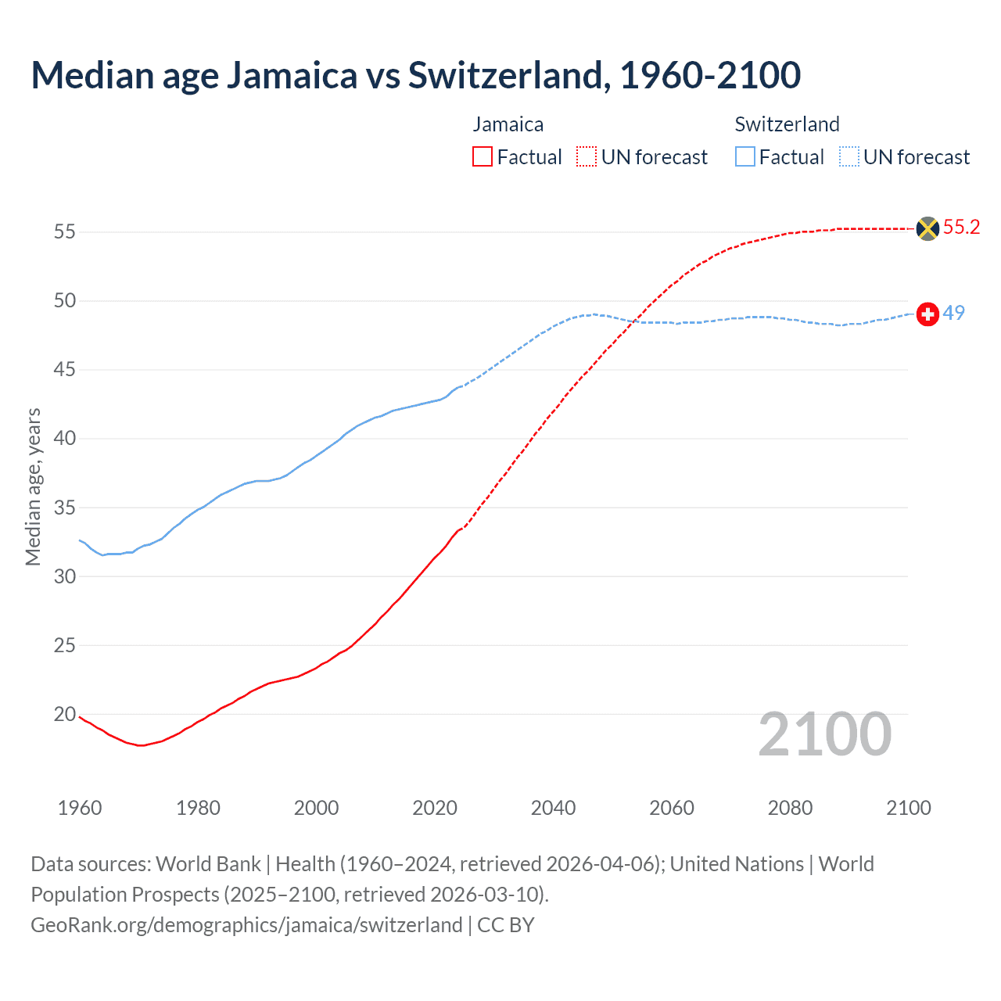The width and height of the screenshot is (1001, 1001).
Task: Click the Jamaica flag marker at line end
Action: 927,228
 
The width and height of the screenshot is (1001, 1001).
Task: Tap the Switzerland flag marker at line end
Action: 927,314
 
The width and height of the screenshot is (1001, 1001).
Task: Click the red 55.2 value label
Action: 961,228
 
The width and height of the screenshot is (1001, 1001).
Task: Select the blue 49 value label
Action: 953,313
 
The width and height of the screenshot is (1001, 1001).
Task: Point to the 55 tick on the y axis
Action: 64,231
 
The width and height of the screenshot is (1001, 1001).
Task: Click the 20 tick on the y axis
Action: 64,714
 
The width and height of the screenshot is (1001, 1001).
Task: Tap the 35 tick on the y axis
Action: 64,508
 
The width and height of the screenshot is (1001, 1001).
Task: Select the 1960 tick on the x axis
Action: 80,808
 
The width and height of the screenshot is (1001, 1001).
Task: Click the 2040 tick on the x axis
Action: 553,808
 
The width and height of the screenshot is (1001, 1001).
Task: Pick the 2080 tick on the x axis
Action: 790,808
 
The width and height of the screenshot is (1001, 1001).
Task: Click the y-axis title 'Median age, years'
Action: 33,486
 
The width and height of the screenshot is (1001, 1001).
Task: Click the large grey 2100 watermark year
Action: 824,734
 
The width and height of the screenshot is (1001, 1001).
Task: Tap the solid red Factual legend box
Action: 483,157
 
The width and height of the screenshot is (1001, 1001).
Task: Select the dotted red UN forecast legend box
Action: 587,157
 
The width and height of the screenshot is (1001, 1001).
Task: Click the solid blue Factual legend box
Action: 744,157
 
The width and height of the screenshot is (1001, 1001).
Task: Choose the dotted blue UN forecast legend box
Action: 849,157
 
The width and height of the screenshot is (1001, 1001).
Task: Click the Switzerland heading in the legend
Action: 787,124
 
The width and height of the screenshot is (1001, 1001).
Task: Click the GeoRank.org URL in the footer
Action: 246,925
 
